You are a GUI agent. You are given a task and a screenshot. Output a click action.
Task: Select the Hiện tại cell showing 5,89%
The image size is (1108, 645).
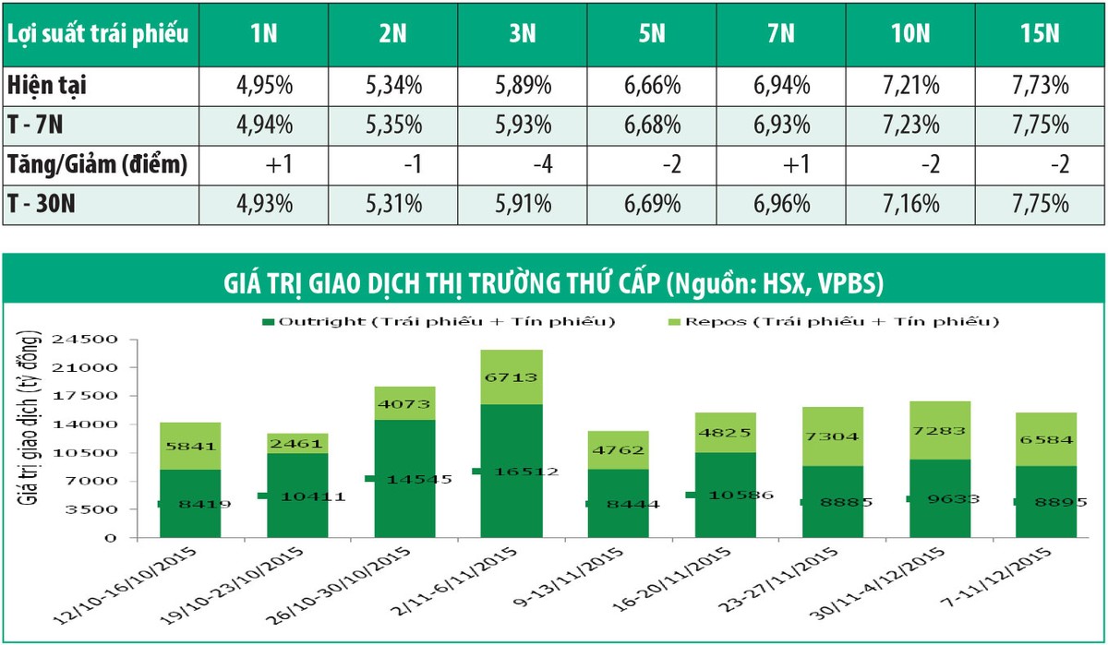tap(520, 86)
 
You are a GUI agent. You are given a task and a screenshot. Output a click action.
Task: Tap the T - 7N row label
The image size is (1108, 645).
tap(38, 125)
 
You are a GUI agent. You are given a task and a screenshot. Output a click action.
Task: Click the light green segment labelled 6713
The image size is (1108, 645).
tap(512, 377)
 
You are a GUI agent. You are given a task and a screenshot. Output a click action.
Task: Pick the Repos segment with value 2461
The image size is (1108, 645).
tap(297, 443)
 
